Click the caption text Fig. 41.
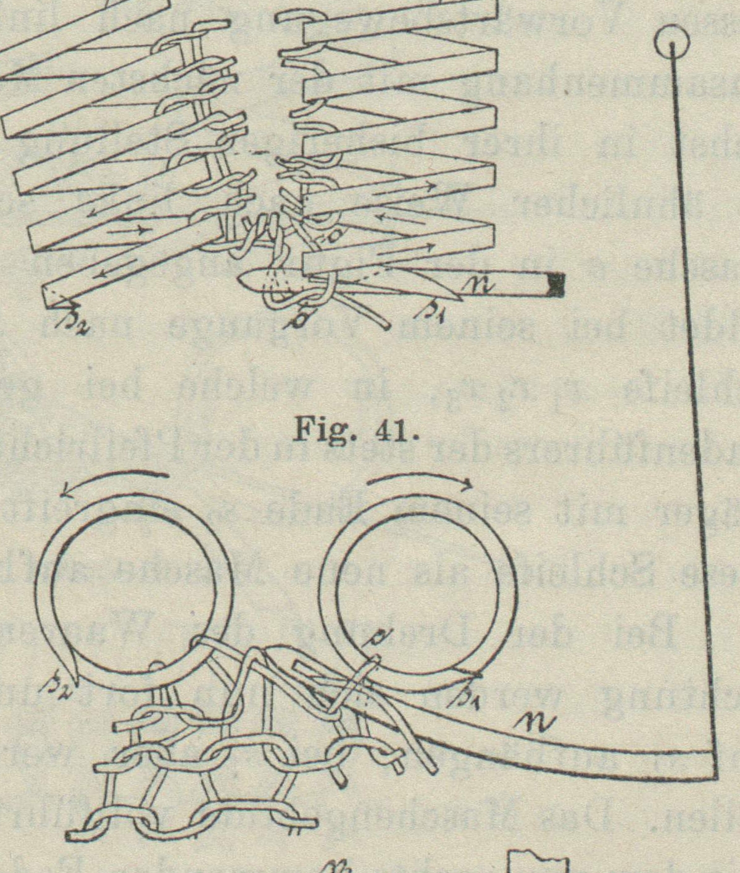pos(352,428)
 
